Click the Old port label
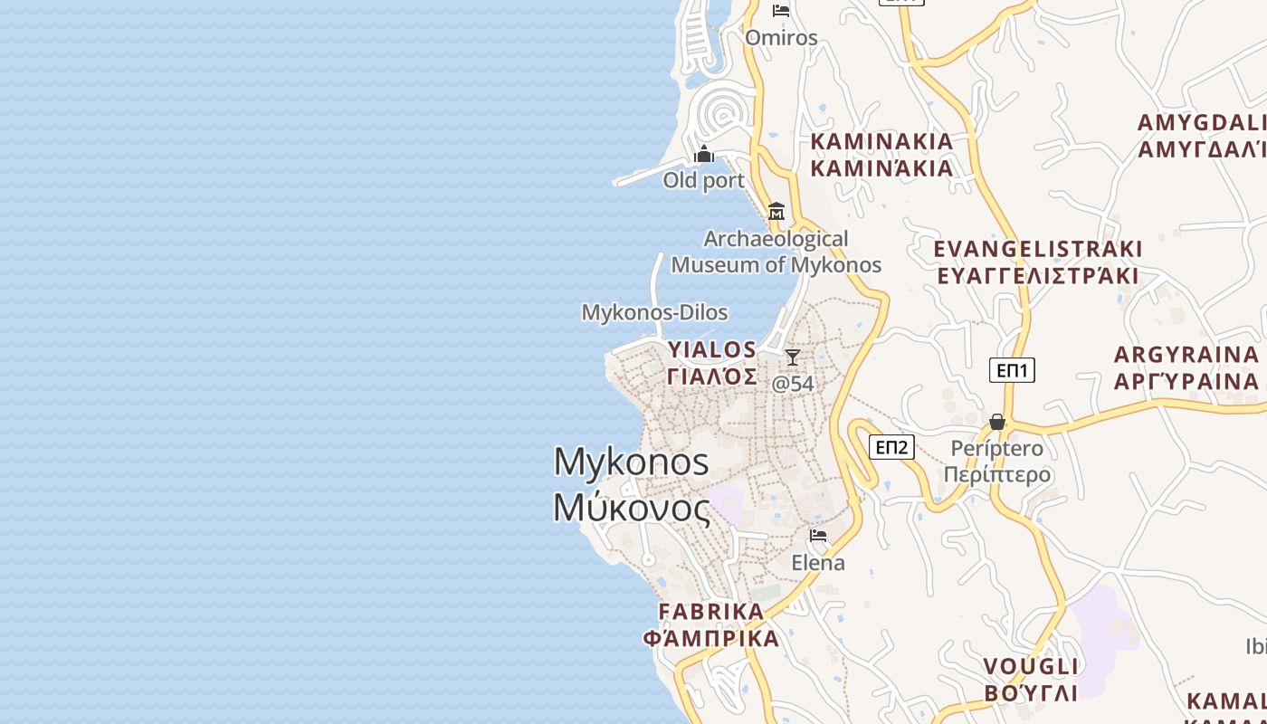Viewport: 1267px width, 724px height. click(x=703, y=180)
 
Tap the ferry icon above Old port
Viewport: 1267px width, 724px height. click(x=704, y=155)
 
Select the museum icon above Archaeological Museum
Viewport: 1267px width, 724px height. click(x=776, y=212)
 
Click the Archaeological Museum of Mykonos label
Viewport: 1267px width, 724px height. click(x=776, y=252)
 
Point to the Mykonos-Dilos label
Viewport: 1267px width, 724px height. click(x=654, y=312)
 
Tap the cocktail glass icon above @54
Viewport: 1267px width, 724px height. click(x=793, y=357)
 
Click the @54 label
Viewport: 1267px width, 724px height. click(x=793, y=384)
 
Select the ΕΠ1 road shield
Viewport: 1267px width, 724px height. click(x=1012, y=370)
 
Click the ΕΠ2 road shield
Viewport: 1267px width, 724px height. click(x=891, y=446)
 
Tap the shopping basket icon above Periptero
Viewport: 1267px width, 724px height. click(x=997, y=422)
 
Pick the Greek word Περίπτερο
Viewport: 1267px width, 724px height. click(x=997, y=474)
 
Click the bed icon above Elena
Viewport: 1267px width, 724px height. click(x=818, y=536)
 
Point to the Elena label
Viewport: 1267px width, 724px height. click(x=818, y=562)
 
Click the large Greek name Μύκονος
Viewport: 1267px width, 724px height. click(x=632, y=508)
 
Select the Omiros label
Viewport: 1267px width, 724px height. click(x=781, y=38)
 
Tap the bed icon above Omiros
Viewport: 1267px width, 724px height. click(x=781, y=11)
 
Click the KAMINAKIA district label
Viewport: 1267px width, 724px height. click(x=881, y=141)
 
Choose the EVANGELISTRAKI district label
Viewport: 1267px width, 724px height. click(x=1038, y=249)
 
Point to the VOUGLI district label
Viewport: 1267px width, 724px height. click(x=1031, y=667)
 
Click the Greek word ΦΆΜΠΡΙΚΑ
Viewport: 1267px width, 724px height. click(x=711, y=638)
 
